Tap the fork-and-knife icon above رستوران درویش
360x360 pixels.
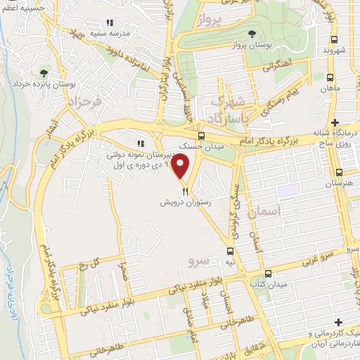pyautogui.click(x=185, y=190)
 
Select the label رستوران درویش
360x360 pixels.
pyautogui.click(x=185, y=201)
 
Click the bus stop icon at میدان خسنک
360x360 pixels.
pyautogui.click(x=202, y=136)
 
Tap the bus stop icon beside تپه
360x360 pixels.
pyautogui.click(x=229, y=251)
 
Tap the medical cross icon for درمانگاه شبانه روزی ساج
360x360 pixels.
pyautogui.click(x=335, y=122)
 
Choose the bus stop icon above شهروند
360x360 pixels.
pyautogui.click(x=334, y=39)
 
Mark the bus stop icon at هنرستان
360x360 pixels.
pyautogui.click(x=340, y=172)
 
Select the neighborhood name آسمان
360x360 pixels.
pyautogui.click(x=264, y=211)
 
